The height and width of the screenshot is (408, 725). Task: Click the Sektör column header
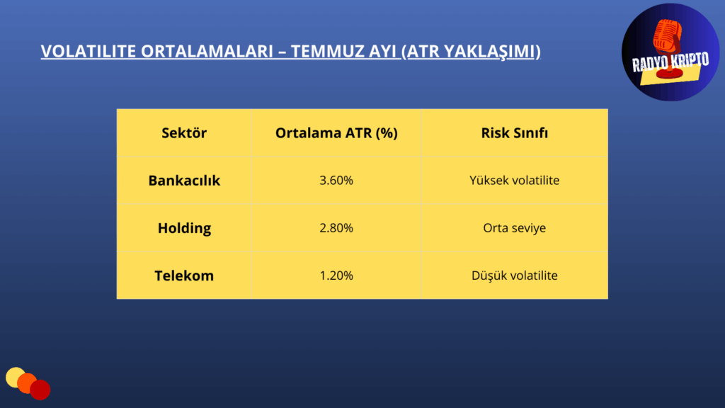coord(184,133)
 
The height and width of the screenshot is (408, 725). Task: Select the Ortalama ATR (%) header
coord(336,133)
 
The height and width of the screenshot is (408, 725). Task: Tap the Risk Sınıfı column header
coord(514,133)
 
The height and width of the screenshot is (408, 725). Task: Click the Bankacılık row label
coord(184,181)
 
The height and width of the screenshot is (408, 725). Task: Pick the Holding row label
coord(184,228)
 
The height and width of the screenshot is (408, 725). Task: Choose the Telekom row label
coord(184,276)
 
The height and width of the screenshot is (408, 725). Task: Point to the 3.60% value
coord(336,181)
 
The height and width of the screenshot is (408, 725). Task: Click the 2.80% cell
coord(336,228)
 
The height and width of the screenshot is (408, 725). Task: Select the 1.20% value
coord(336,276)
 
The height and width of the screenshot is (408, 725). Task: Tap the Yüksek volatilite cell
coord(514,181)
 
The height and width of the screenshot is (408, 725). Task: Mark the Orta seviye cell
coord(514,228)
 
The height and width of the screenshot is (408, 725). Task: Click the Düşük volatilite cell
coord(514,276)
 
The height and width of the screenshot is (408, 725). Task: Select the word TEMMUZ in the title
coord(327,51)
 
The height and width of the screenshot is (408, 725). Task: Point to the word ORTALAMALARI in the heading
coord(207,51)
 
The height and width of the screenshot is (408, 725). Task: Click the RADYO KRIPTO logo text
coord(670,62)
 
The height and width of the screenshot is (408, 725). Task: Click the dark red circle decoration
coord(40,390)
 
